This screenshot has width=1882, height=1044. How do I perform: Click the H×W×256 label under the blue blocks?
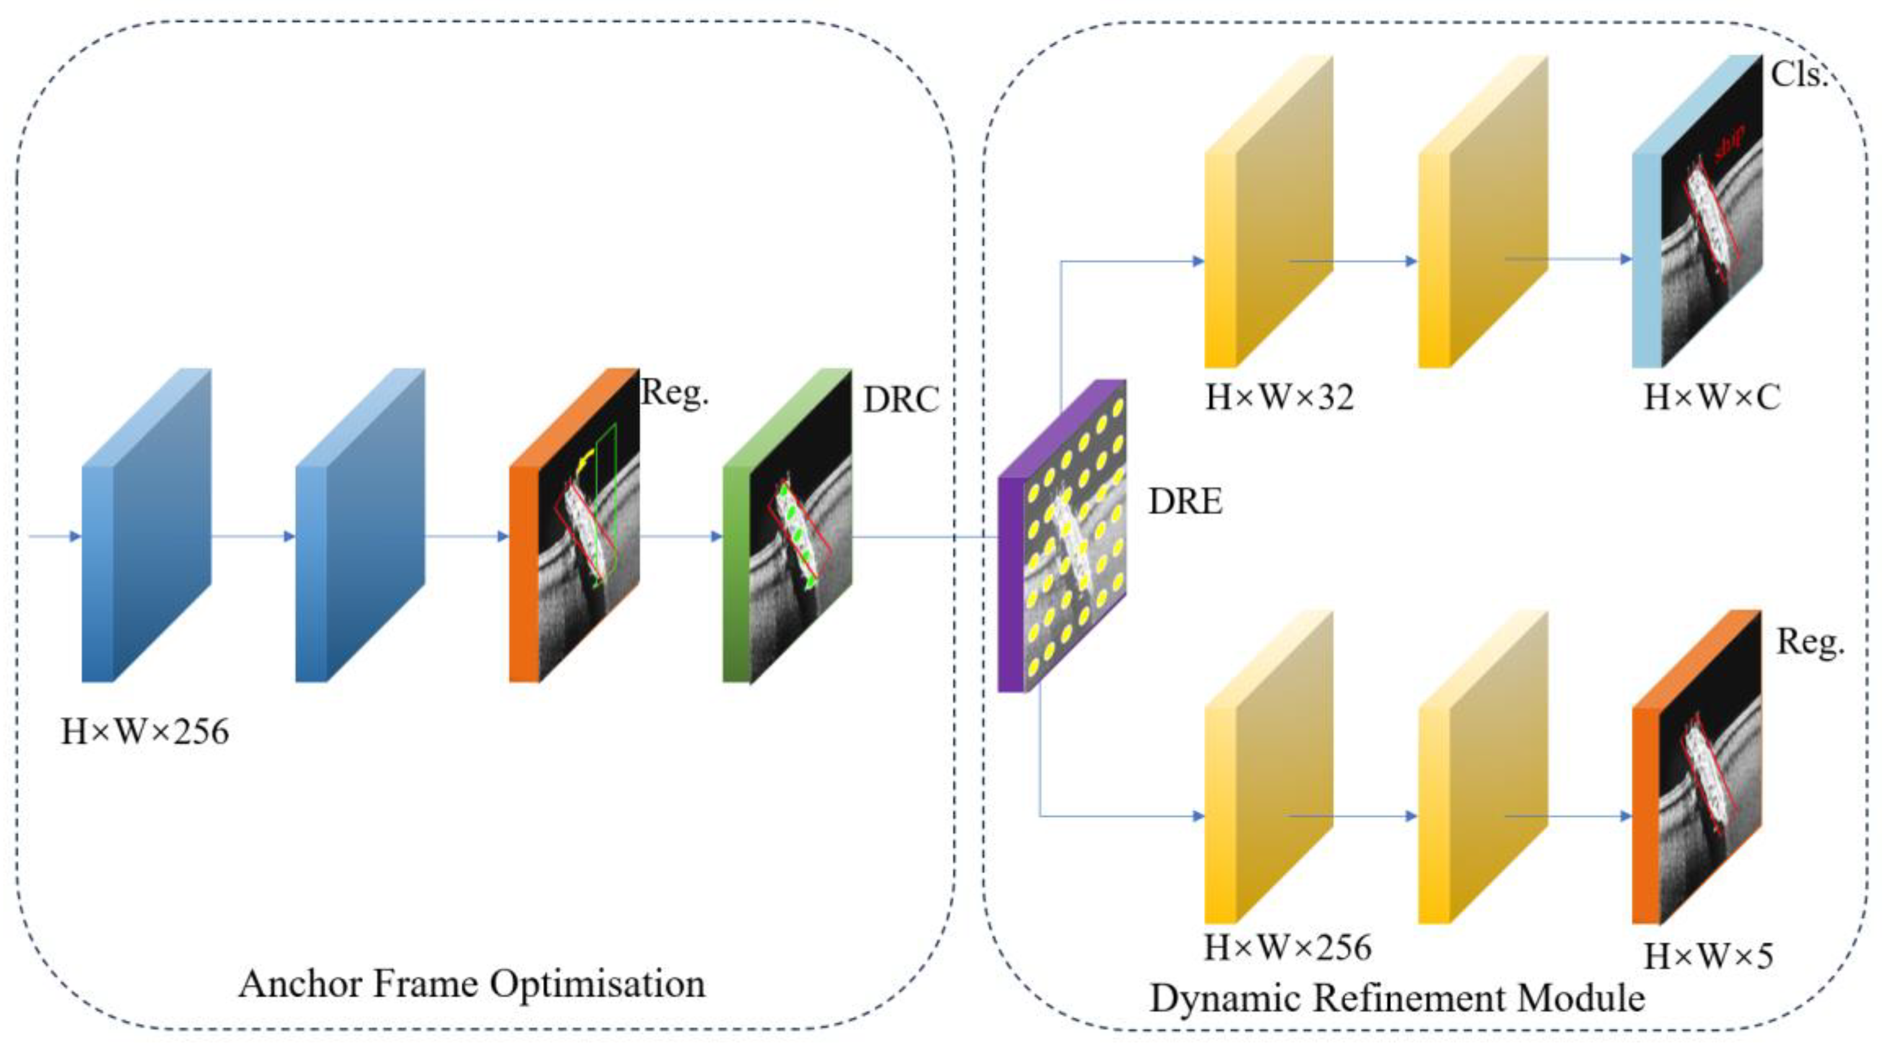click(x=145, y=731)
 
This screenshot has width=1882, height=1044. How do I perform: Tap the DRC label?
click(x=901, y=400)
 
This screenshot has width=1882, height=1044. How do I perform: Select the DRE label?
click(x=1185, y=502)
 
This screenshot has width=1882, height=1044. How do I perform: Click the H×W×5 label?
click(x=1708, y=955)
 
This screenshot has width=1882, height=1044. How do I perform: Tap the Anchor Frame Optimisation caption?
click(x=472, y=983)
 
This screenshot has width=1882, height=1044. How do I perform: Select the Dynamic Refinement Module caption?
click(x=1397, y=998)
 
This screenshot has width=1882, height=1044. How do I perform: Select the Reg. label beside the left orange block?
click(x=674, y=393)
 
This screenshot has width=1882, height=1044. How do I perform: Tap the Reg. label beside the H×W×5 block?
click(x=1810, y=642)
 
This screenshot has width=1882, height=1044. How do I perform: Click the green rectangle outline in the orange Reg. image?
click(x=606, y=504)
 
